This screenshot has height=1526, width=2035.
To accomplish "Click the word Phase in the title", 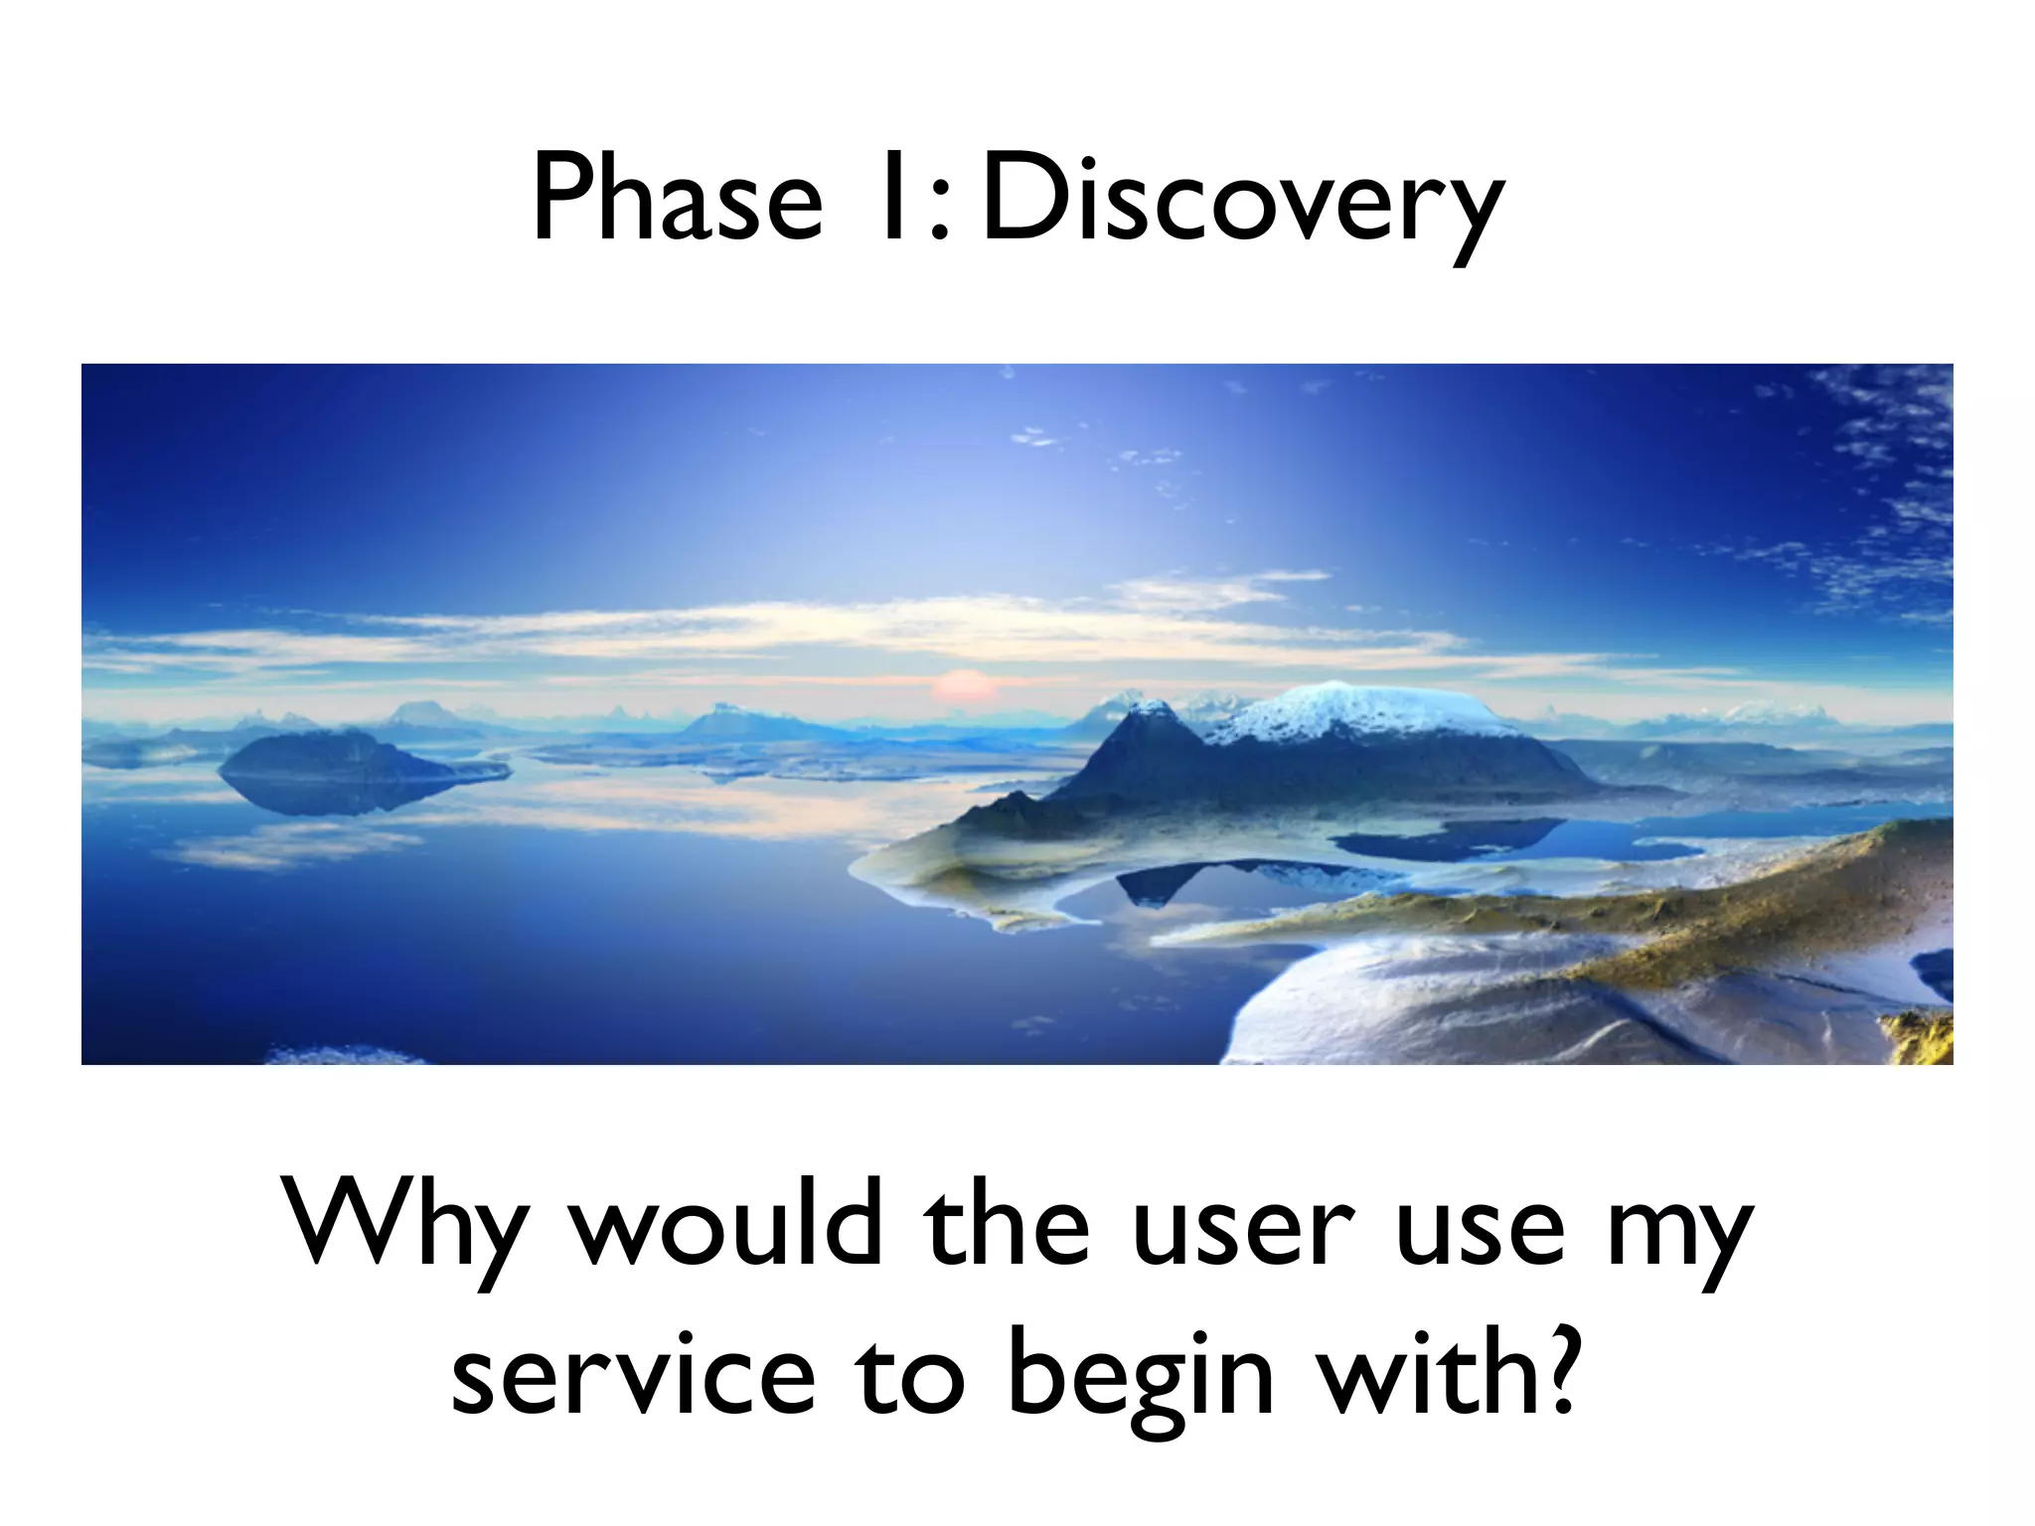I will [x=677, y=199].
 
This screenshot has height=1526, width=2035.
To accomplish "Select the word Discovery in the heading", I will [x=1242, y=204].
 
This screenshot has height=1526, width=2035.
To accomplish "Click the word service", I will [x=633, y=1376].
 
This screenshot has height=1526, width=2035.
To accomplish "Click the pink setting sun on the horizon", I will [x=960, y=686].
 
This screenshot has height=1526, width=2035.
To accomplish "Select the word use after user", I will [x=1480, y=1232].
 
